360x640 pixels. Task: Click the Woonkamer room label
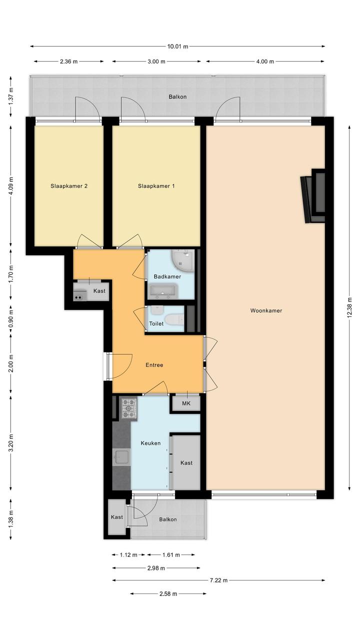[266, 311]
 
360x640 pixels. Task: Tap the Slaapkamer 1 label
[156, 186]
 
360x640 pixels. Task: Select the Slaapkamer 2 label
[69, 186]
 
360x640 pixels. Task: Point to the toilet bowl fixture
[174, 319]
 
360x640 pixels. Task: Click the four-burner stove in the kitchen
[129, 408]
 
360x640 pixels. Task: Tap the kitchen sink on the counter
[121, 457]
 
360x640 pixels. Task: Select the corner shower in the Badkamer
[182, 261]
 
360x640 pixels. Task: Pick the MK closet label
[186, 404]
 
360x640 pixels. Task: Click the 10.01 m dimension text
[177, 47]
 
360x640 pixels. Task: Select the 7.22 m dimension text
[218, 580]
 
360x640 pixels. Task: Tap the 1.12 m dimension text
[128, 555]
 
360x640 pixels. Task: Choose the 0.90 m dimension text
[10, 318]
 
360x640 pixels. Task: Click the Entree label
[154, 365]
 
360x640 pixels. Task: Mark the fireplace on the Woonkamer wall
[313, 196]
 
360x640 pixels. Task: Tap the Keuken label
[150, 443]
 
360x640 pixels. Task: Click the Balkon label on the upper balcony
[177, 97]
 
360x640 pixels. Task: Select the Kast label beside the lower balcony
[117, 517]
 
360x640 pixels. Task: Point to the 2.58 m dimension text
[168, 594]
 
